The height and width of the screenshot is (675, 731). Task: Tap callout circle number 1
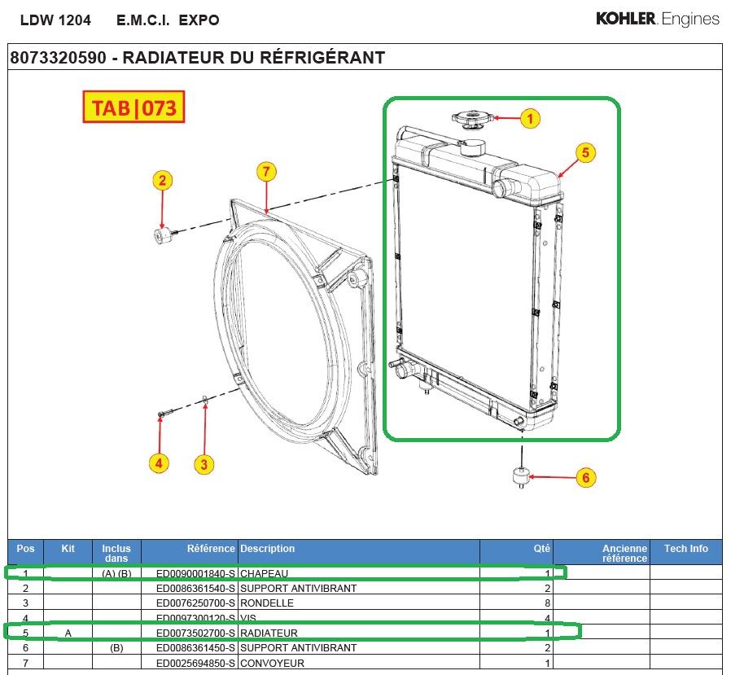click(530, 118)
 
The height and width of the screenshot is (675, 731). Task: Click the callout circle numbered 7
click(266, 172)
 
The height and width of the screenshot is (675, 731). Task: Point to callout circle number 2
click(162, 181)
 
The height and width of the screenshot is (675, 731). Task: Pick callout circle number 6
click(585, 478)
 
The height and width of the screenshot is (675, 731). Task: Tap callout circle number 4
click(159, 464)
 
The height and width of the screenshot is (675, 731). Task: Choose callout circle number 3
click(204, 465)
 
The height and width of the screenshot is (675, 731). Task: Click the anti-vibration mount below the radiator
click(517, 476)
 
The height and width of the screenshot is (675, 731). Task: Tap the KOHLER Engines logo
click(657, 19)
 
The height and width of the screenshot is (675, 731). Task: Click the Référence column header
click(211, 549)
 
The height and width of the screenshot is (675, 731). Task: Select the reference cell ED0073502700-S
click(195, 633)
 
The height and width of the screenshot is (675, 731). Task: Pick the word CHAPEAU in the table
click(264, 574)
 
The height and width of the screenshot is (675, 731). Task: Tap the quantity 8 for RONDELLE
click(548, 603)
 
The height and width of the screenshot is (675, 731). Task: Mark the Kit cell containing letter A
click(68, 633)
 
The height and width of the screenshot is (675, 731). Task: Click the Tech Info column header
click(685, 549)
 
